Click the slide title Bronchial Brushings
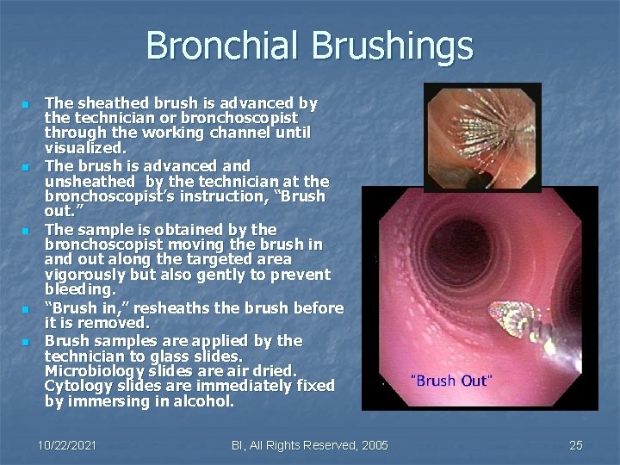(309, 45)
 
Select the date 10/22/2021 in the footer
(67, 444)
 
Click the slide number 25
(576, 444)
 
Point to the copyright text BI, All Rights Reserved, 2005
(310, 444)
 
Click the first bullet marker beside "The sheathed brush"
(26, 104)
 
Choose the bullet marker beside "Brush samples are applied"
(26, 342)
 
